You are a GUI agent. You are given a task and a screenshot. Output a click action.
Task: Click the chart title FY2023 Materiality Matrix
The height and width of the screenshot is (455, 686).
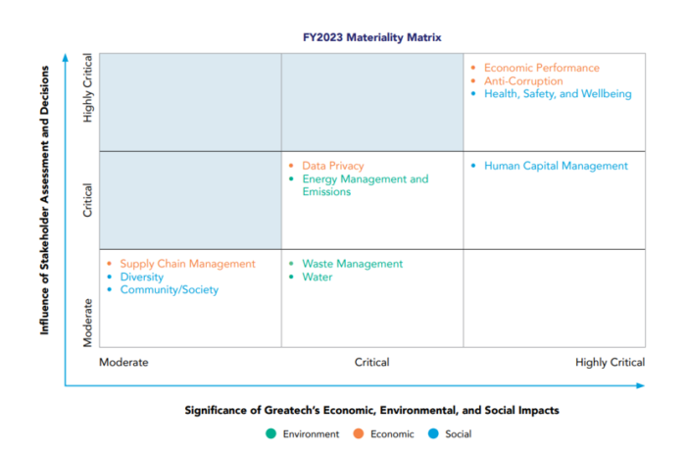[x=371, y=37]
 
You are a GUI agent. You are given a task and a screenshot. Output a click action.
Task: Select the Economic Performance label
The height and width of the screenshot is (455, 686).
[x=541, y=68]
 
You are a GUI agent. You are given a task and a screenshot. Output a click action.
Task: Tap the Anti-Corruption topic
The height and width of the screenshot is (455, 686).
[x=523, y=81]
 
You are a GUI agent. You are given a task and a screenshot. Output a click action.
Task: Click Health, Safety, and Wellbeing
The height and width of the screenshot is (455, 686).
[x=558, y=94]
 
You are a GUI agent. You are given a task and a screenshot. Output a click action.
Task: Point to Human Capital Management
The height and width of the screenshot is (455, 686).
[x=556, y=166]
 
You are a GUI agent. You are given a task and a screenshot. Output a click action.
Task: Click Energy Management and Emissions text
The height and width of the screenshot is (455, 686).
[x=365, y=185]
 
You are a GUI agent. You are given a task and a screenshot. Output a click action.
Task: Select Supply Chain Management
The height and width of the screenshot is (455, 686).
[x=187, y=264]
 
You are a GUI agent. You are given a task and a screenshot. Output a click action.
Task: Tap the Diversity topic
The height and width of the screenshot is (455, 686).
[x=142, y=278]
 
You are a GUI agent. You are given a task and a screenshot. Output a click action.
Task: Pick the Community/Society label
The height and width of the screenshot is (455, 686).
[x=169, y=290]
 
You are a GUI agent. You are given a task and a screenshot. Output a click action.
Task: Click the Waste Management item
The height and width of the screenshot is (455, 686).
[x=352, y=264]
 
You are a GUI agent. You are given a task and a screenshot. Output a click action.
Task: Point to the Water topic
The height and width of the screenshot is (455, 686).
[x=318, y=278]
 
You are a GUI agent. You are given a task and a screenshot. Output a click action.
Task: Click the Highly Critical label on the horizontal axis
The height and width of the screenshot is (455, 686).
[x=611, y=362]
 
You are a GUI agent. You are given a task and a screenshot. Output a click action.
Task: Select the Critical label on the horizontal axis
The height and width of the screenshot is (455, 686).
[x=371, y=362]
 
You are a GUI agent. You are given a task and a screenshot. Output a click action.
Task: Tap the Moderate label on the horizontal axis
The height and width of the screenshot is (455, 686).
[x=123, y=362]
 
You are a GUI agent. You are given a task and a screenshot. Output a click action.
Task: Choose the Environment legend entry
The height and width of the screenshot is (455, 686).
[x=304, y=433]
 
